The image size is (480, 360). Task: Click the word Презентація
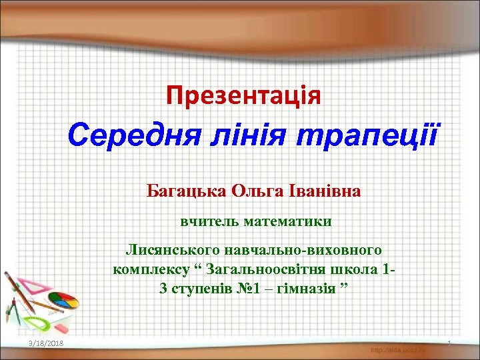tap(243, 95)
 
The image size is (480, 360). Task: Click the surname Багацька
tap(186, 192)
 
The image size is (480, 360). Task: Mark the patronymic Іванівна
tap(325, 192)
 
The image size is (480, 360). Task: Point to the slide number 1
tap(450, 343)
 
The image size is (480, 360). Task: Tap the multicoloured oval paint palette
tap(63, 301)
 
